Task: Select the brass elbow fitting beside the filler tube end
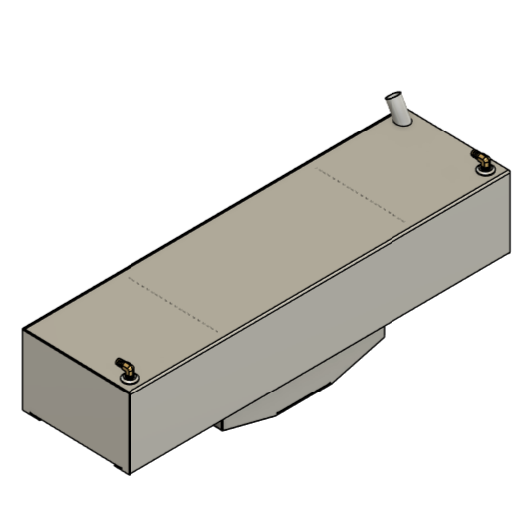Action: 480,159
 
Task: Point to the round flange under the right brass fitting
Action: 484,168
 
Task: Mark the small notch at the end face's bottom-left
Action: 30,411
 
